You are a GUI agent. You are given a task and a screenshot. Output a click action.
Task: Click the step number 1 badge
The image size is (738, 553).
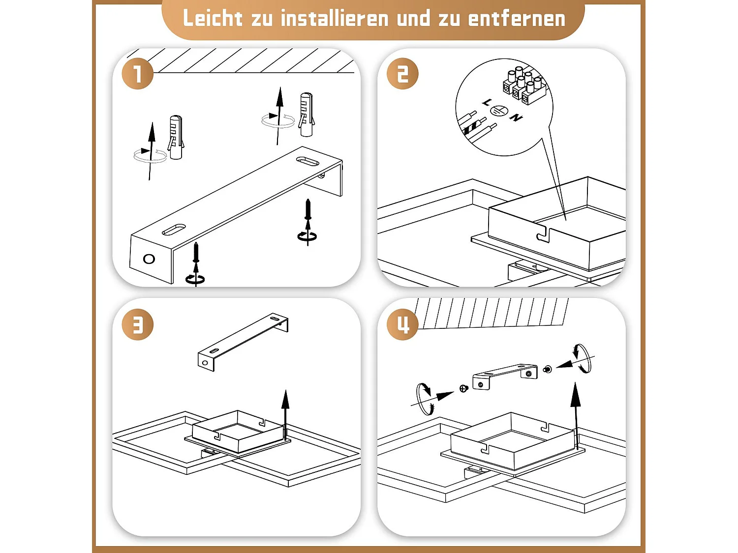tap(138, 74)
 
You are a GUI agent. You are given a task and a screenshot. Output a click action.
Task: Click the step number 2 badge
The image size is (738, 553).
tap(402, 74)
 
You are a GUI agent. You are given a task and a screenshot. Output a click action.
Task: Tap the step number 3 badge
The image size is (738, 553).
tap(138, 324)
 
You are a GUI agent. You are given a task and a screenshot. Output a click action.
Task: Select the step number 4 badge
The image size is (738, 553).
tap(402, 324)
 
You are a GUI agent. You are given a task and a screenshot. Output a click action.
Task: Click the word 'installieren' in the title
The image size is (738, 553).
tap(335, 19)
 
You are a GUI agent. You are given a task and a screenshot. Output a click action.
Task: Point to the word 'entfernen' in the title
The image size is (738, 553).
tap(517, 19)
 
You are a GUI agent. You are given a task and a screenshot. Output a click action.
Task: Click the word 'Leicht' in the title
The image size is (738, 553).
tap(213, 19)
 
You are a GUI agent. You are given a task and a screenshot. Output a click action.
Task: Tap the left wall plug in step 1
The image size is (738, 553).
tap(176, 137)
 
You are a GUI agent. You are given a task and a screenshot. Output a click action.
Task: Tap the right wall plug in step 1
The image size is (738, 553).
tap(306, 115)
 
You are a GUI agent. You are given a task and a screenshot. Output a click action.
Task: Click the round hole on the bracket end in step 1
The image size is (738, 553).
tap(149, 259)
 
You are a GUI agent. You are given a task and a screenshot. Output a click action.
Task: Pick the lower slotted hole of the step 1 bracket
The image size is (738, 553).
tap(174, 229)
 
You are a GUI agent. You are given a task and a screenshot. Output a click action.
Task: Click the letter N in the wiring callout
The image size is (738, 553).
tap(516, 117)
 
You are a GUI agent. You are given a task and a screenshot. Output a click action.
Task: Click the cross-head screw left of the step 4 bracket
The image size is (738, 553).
tap(463, 388)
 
